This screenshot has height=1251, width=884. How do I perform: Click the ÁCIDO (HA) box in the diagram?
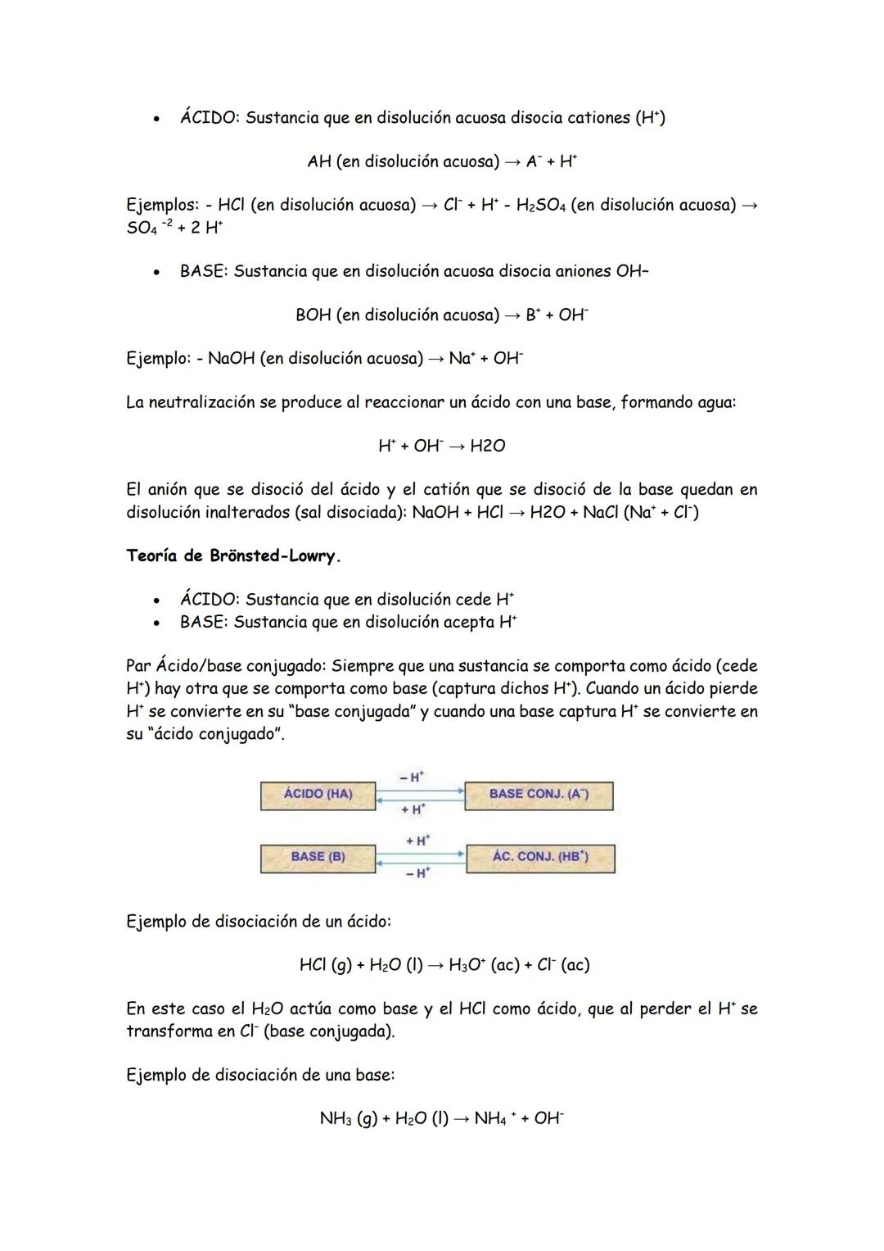point(318,795)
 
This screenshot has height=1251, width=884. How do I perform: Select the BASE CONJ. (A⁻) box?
point(539,795)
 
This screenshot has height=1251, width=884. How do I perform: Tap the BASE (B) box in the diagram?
point(318,857)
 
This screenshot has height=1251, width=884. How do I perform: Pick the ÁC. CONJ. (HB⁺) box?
point(540,857)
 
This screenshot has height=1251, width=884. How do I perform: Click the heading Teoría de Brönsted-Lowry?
point(233,556)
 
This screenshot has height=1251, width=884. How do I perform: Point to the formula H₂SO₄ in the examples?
point(539,205)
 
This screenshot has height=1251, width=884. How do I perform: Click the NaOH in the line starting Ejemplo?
point(232,358)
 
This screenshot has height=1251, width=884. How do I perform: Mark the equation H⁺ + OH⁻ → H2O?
point(441,446)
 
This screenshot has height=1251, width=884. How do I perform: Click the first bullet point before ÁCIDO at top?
point(154,119)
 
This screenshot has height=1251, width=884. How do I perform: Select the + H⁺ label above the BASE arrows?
point(417,841)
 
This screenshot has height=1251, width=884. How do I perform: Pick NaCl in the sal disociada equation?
point(602,512)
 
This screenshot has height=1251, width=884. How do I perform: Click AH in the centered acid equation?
point(319,161)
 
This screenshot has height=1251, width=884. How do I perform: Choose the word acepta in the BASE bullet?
point(467,622)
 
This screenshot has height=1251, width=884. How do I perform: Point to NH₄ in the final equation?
point(491,1118)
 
